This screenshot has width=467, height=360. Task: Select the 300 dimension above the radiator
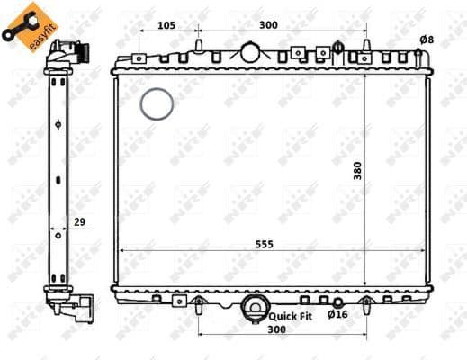[268, 25]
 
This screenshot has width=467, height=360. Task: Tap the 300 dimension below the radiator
[278, 331]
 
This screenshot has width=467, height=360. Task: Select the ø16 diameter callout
[337, 315]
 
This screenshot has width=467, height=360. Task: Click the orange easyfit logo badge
[24, 25]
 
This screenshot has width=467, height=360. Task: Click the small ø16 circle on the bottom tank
[337, 301]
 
